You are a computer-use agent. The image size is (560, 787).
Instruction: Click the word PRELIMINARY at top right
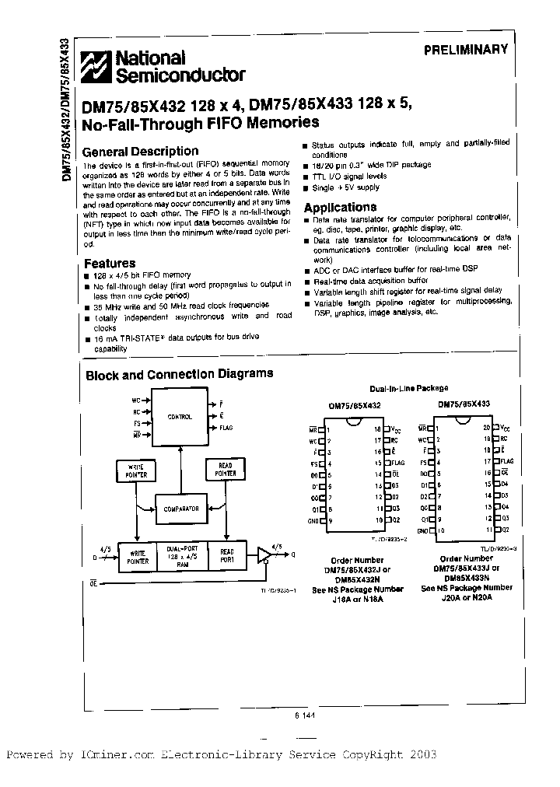pyautogui.click(x=466, y=49)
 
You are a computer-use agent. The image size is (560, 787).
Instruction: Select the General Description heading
pyautogui.click(x=140, y=152)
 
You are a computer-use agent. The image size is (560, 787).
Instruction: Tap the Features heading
pyautogui.click(x=109, y=264)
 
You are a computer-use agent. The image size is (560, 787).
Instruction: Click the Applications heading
pyautogui.click(x=340, y=208)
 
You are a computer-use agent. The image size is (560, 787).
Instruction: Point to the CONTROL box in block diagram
pyautogui.click(x=180, y=417)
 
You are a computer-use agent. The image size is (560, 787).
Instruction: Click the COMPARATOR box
pyautogui.click(x=180, y=509)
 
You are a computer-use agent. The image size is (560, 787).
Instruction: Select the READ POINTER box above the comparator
pyautogui.click(x=226, y=469)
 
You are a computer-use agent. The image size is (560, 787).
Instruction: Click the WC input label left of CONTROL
pyautogui.click(x=136, y=401)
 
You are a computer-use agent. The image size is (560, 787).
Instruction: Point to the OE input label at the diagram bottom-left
pyautogui.click(x=93, y=582)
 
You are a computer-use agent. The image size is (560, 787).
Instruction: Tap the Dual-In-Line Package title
pyautogui.click(x=408, y=388)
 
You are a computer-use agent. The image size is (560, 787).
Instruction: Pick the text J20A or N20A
pyautogui.click(x=467, y=597)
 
